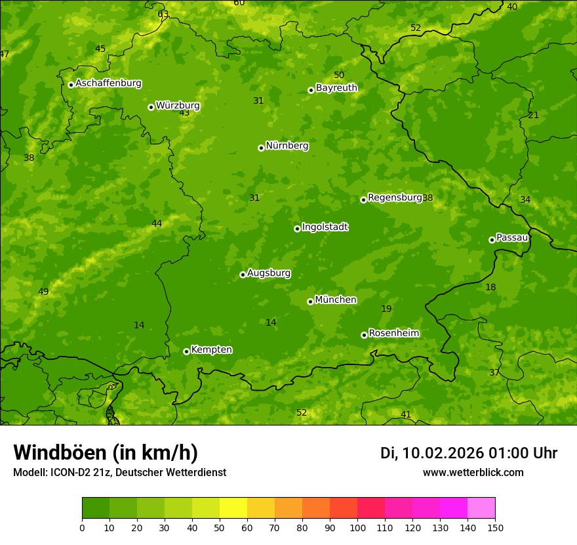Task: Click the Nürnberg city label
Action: (287, 146)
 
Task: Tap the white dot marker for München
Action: (310, 301)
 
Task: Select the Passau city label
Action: (512, 237)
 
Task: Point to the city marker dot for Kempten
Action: (186, 351)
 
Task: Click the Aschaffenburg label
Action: (108, 83)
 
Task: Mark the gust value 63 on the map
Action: (163, 14)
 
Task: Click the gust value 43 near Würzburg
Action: (184, 113)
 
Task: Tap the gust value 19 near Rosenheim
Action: (386, 309)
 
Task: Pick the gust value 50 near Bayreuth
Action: (339, 75)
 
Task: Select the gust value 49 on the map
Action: (43, 292)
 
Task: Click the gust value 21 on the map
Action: (534, 115)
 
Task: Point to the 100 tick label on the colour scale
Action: (357, 527)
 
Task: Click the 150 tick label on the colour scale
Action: (495, 527)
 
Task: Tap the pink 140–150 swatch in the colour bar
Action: (481, 508)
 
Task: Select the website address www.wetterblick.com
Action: (473, 472)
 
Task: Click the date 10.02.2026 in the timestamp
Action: (443, 453)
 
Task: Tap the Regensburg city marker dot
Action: (363, 200)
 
